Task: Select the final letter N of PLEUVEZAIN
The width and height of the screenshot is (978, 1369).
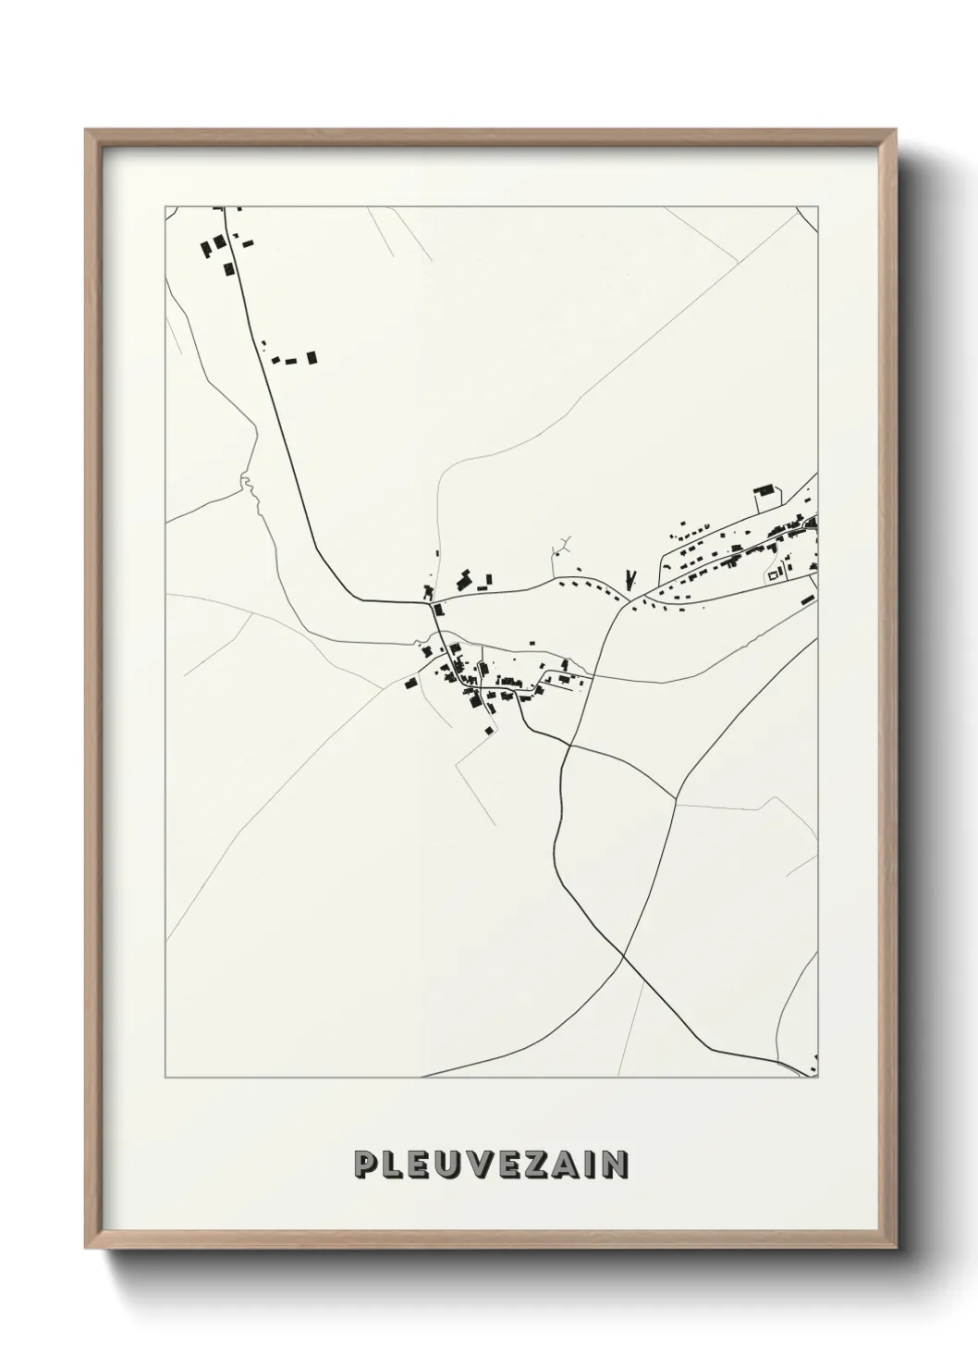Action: [615, 1165]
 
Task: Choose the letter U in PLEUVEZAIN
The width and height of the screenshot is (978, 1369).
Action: [451, 1165]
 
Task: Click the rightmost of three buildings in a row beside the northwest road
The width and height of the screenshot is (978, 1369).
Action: [312, 356]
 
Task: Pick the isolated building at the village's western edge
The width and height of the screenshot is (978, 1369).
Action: [410, 684]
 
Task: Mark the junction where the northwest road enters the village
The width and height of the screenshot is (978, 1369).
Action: [430, 604]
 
